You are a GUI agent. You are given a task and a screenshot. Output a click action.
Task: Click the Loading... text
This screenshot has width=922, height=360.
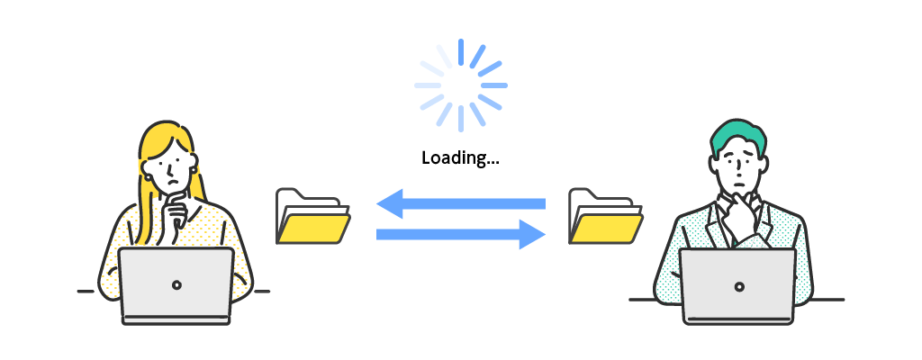pos(460,158)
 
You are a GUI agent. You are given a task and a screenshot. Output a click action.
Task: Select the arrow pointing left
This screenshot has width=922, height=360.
pos(461,204)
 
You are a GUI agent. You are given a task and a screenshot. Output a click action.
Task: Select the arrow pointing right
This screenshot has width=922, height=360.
pos(461,234)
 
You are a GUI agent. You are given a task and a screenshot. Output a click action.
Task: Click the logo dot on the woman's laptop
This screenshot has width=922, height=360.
pos(176,284)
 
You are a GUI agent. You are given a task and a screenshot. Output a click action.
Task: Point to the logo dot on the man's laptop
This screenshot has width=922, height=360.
pos(739,286)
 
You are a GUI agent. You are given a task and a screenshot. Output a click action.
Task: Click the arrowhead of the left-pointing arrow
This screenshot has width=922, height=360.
pos(388,204)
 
